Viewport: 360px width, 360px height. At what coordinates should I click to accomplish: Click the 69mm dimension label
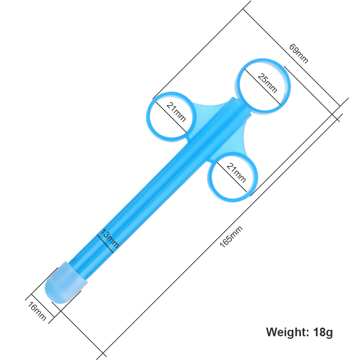coord(298,54)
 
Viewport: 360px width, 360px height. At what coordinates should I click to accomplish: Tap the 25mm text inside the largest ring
coord(267,83)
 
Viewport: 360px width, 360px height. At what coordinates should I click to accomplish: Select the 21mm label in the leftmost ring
coord(176,112)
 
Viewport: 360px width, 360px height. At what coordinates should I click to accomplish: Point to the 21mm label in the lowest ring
coord(236,173)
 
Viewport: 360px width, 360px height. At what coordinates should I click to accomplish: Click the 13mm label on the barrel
coord(110,238)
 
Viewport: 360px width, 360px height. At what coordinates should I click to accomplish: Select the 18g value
coord(323,332)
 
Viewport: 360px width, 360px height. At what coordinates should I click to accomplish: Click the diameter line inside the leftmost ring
coord(171,117)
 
